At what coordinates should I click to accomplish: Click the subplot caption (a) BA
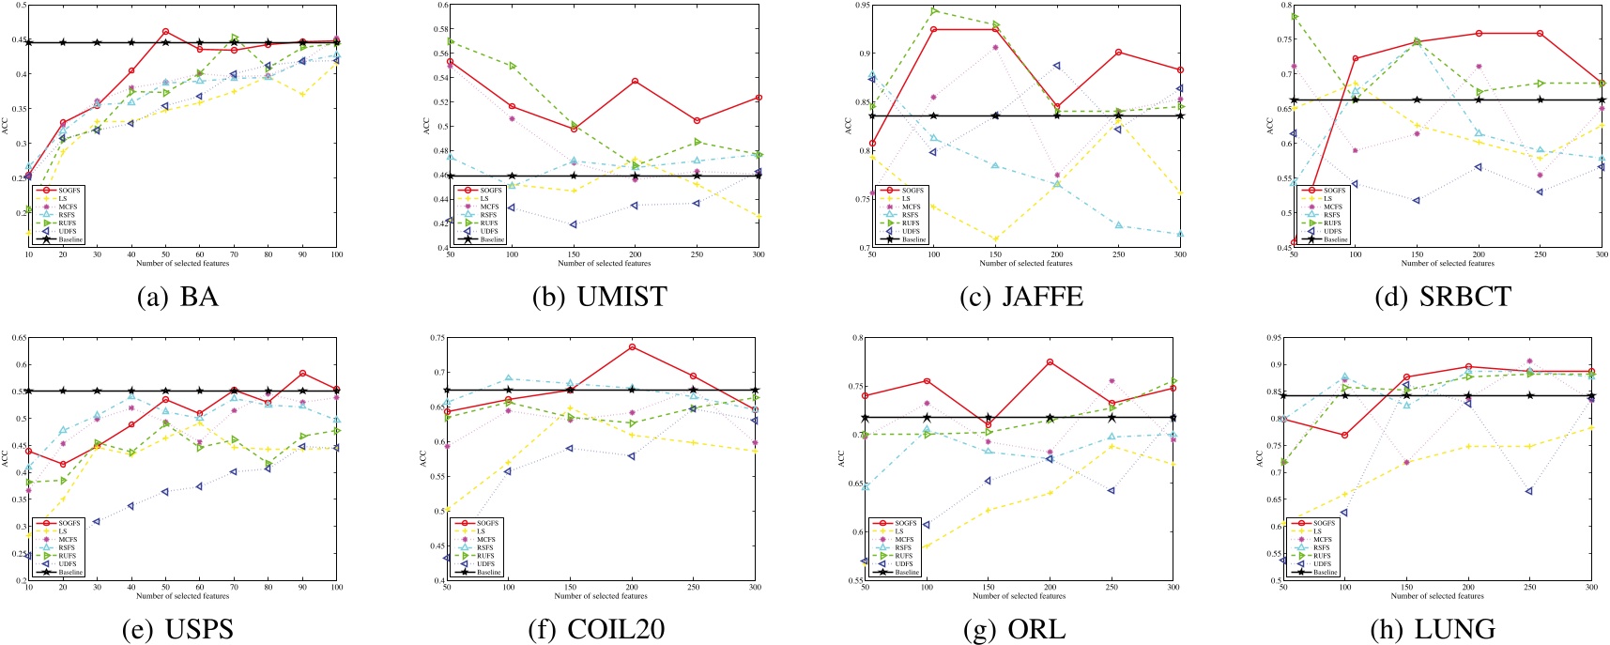pos(177,297)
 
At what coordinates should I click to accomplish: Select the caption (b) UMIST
pos(599,297)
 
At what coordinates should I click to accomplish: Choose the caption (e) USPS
pos(177,629)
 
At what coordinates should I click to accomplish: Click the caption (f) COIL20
pos(599,629)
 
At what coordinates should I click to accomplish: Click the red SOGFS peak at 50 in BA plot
pos(165,32)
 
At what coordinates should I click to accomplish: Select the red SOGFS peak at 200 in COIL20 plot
pos(632,347)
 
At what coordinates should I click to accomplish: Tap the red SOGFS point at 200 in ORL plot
pos(1050,362)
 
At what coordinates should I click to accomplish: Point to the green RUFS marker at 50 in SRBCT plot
pos(1295,16)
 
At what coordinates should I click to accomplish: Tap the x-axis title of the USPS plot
pos(182,596)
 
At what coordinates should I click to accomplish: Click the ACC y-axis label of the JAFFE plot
pos(849,125)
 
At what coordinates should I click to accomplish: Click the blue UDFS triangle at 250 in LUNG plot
pos(1529,491)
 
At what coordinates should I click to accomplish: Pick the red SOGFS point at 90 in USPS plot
pos(302,374)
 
